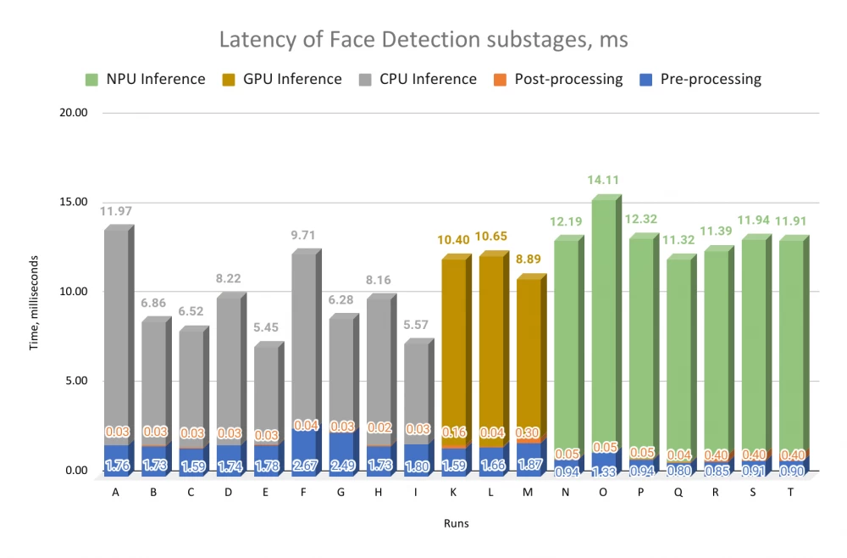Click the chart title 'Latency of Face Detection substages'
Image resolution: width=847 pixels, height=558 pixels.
423,40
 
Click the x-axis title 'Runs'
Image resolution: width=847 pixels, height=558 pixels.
457,524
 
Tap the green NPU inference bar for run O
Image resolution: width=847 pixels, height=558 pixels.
603,322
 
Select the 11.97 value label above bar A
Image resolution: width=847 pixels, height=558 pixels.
116,210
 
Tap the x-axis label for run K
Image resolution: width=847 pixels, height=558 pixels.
454,488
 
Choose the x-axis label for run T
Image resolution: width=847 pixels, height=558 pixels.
791,488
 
